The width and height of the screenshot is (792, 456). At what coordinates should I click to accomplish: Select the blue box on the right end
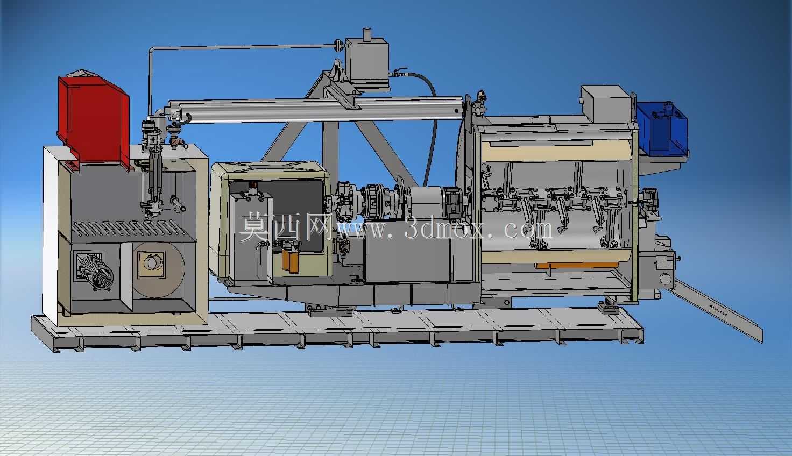click(x=662, y=129)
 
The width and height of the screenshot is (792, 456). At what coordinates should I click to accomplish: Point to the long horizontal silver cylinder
click(x=316, y=109)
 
